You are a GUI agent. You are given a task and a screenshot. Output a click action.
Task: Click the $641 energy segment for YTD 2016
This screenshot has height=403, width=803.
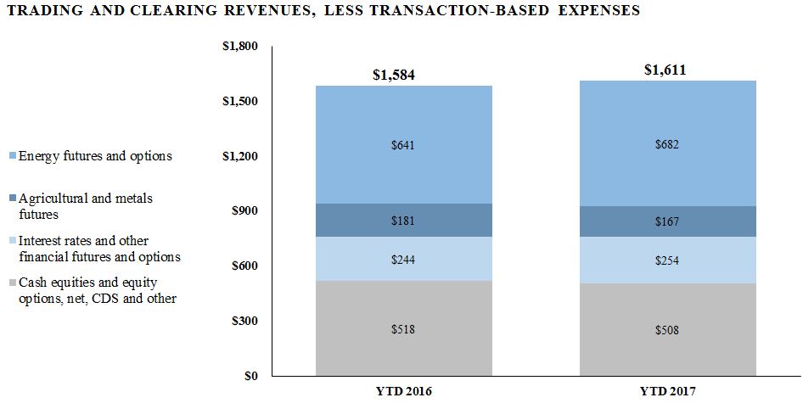(403, 144)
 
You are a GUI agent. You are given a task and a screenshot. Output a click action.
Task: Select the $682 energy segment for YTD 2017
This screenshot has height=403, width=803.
(667, 143)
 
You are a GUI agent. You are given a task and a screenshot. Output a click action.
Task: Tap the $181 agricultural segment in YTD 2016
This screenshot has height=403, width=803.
(403, 221)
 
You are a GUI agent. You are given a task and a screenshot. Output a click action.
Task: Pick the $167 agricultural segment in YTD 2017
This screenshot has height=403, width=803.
(667, 221)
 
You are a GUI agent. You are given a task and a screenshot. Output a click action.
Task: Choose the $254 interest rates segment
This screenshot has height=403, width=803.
(667, 260)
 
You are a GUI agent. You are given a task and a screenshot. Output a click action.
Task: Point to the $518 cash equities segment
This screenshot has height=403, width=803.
(403, 328)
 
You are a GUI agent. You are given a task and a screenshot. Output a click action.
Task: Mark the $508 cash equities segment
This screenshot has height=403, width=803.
(667, 329)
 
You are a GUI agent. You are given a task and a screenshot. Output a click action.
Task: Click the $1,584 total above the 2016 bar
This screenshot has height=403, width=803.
(394, 75)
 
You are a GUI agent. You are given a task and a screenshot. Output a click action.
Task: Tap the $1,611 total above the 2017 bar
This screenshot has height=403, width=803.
(665, 70)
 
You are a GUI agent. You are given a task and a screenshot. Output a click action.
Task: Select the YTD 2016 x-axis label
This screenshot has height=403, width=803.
(403, 391)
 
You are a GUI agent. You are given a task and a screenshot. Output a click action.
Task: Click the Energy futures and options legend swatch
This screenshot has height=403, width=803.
(10, 157)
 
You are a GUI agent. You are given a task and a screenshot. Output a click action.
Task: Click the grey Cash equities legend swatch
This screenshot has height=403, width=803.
(10, 283)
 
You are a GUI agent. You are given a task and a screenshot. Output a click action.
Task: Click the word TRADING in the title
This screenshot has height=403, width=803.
(42, 11)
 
